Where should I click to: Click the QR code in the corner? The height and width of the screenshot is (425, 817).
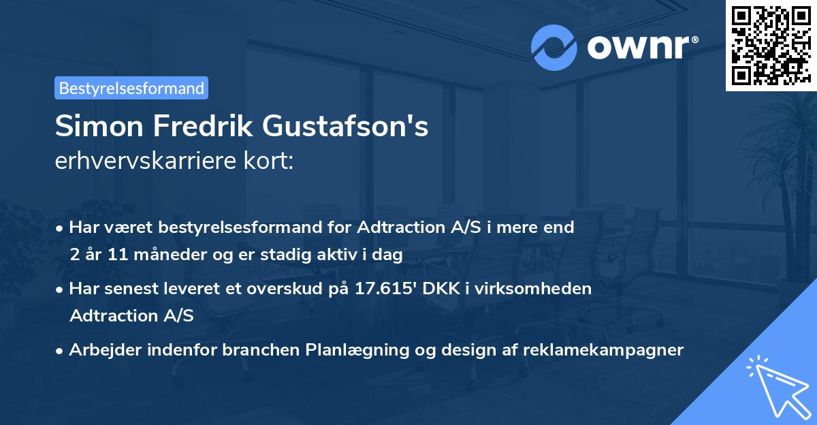(771, 45)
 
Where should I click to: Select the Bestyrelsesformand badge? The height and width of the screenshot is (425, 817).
(131, 88)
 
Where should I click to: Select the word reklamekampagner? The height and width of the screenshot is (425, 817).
(604, 350)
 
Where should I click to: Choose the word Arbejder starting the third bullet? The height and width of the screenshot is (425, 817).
(105, 350)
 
